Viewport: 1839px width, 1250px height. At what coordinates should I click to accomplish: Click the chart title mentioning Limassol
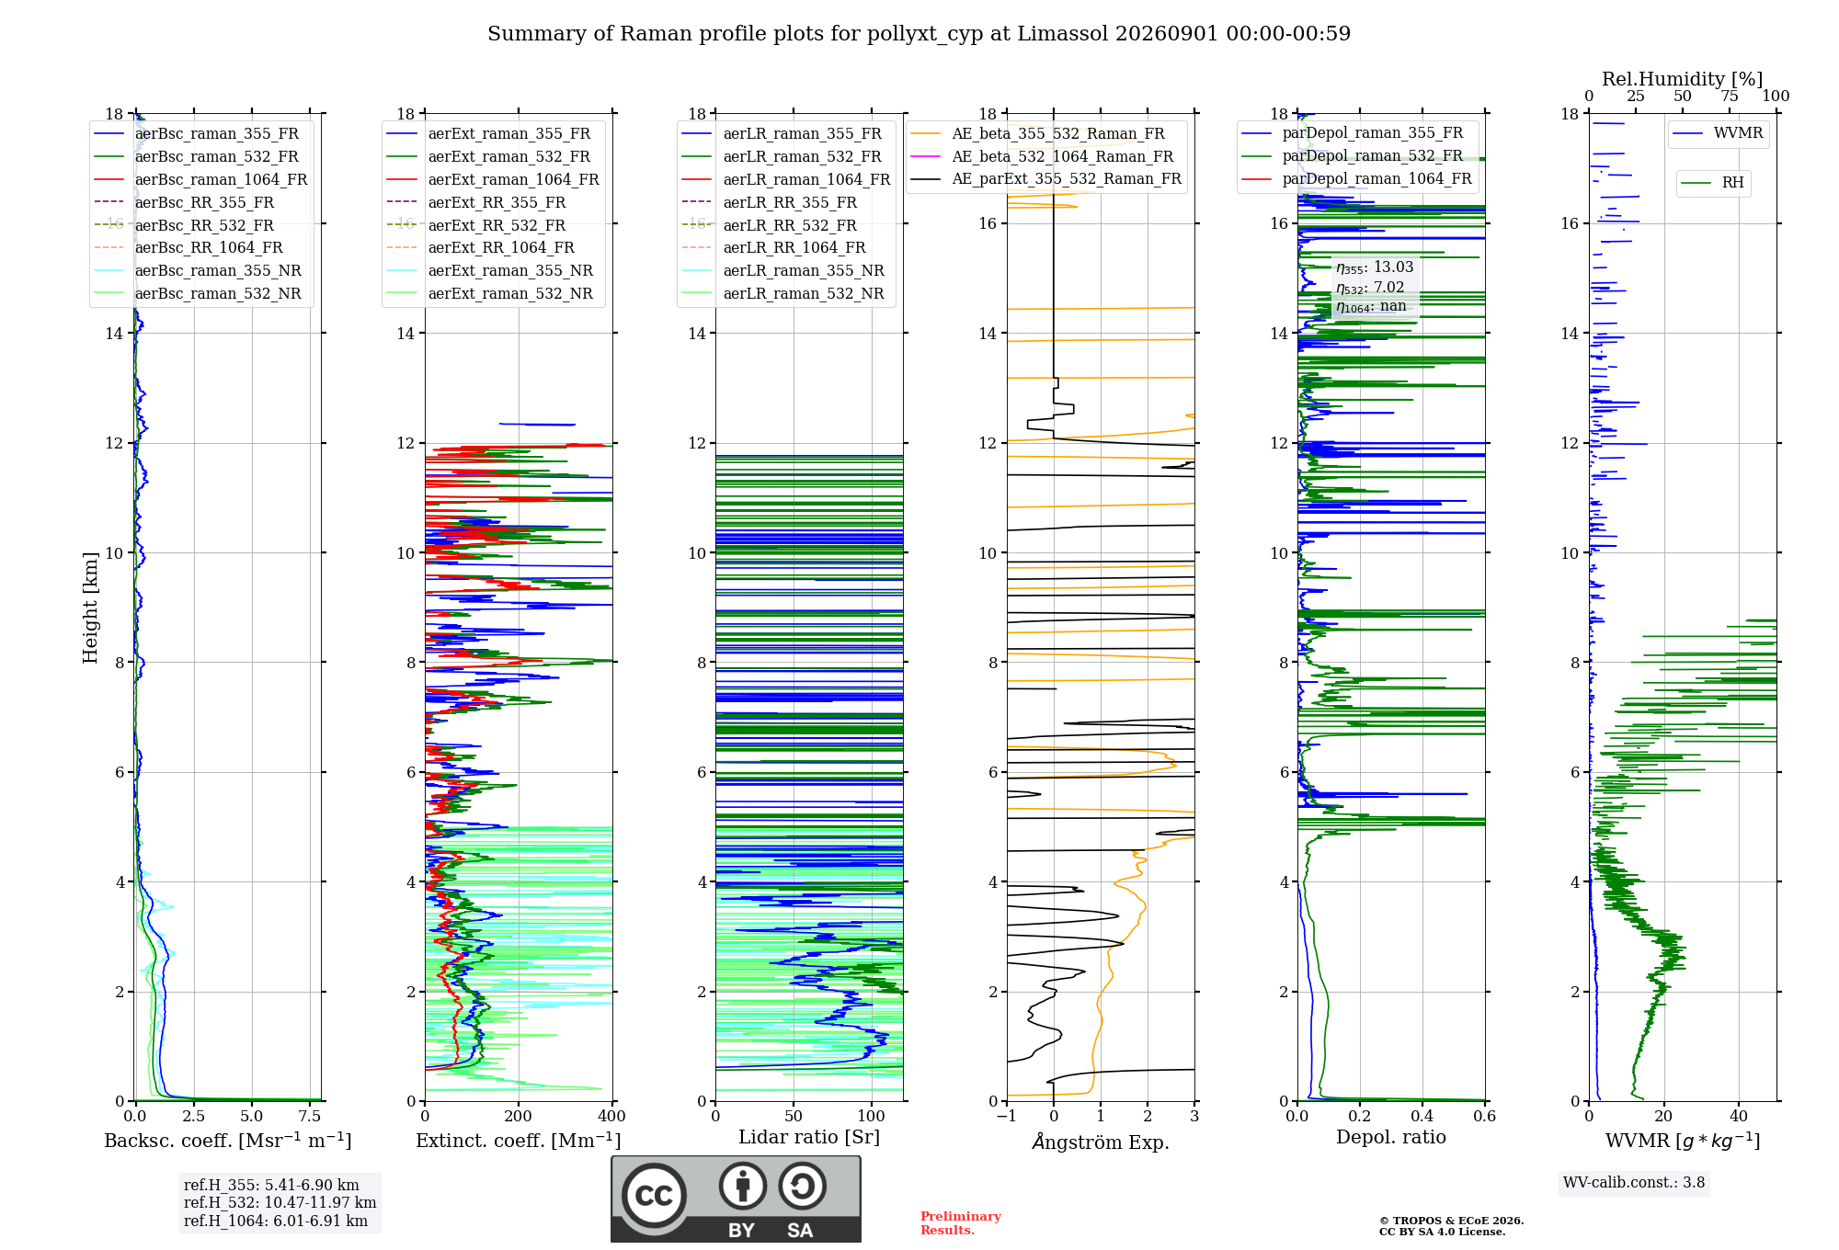pos(919,34)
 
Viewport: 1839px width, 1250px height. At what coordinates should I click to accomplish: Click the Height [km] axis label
pos(90,608)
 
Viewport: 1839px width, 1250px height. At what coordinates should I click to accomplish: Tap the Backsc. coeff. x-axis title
pos(228,1141)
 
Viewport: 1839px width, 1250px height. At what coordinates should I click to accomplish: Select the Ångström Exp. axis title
pos(1101,1142)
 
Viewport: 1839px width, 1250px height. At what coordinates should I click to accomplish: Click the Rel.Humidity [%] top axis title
pos(1683,79)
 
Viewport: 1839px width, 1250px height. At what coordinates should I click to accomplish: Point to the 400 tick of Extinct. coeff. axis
pos(611,1117)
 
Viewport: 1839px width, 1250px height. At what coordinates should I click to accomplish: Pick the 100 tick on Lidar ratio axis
pos(871,1117)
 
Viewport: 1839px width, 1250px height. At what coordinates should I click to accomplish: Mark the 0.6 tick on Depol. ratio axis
pos(1484,1117)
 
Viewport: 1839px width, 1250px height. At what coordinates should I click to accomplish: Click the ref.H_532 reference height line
pos(280,1202)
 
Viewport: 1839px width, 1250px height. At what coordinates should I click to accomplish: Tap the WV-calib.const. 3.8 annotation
pos(1634,1183)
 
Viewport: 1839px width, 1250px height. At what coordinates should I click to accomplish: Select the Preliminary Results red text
pos(961,1223)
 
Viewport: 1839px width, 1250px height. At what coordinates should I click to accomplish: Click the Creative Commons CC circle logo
pos(654,1196)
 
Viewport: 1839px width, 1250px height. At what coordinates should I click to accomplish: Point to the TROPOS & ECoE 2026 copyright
pos(1452,1221)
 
